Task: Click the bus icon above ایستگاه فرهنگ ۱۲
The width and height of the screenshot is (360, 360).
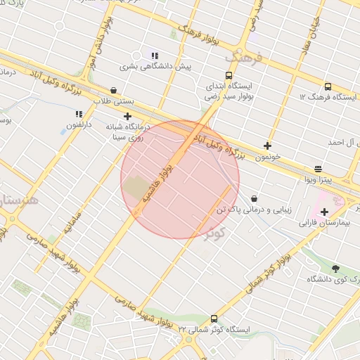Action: coord(328,86)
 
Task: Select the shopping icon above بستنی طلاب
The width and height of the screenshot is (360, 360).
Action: coord(114,91)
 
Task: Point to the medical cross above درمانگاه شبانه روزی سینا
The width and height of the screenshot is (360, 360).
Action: coord(127,116)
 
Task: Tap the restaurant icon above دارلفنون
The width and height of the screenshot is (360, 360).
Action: coord(79,113)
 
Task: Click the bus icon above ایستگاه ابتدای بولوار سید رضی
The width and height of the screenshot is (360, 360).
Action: coord(229,75)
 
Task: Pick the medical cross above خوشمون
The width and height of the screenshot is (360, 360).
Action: coord(267,146)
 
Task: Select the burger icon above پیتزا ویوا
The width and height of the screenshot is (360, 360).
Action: coord(319,169)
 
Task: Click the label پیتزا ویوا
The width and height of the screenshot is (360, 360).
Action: coord(319,179)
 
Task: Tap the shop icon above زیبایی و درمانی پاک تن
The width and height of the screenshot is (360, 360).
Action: coord(253,199)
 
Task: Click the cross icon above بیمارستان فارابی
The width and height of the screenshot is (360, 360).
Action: coord(324,212)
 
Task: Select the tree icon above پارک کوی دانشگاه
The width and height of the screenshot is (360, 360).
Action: coord(335,268)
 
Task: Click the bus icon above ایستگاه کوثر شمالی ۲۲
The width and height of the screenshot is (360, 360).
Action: coord(214,319)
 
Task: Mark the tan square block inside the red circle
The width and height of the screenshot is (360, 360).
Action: coord(136,188)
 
